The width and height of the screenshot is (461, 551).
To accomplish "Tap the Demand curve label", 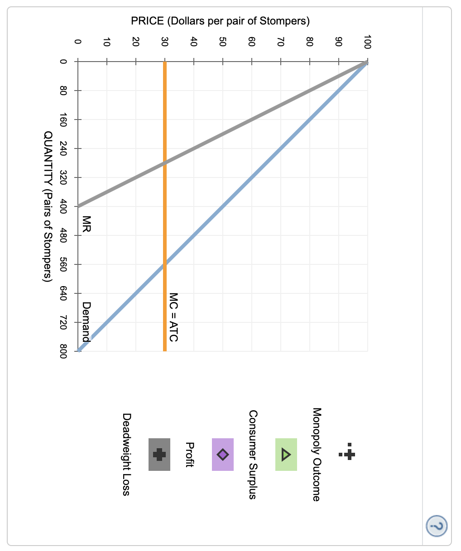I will tap(86, 321).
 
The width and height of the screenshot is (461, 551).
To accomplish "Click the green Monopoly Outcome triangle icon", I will tap(286, 454).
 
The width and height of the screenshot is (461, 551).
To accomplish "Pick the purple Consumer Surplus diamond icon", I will tap(222, 454).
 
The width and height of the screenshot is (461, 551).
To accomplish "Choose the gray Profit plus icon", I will tap(159, 454).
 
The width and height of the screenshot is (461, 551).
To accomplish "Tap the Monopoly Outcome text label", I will tap(317, 454).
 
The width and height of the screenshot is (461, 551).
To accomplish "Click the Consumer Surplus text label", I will tap(253, 454).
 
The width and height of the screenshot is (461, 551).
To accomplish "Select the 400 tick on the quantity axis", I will tap(63, 206).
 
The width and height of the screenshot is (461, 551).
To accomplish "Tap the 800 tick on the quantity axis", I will tap(63, 351).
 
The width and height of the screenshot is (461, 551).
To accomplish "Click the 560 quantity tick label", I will tap(63, 264).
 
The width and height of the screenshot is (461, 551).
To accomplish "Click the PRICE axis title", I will tap(220, 21).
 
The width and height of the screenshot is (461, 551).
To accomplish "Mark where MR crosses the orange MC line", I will tap(164, 163).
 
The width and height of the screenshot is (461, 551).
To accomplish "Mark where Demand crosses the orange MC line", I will tap(164, 264).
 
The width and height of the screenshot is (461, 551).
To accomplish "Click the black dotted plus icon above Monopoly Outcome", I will tap(347, 454).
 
